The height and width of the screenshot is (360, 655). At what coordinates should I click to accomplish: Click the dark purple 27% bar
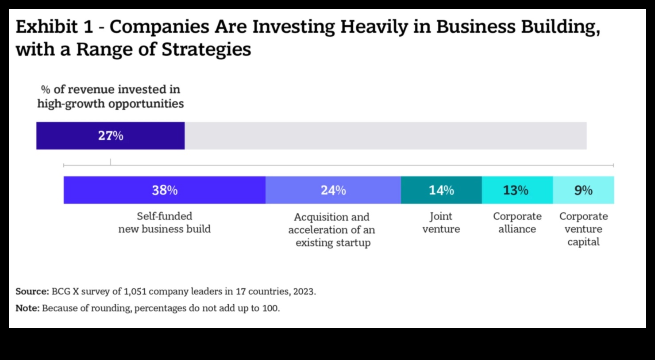(110, 136)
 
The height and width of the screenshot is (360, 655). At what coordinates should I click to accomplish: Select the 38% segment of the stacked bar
(164, 190)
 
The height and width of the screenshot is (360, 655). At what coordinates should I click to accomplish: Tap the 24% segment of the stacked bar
(333, 190)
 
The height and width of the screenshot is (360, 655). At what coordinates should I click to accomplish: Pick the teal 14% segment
(441, 190)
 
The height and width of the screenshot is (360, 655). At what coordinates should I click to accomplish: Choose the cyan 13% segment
(517, 190)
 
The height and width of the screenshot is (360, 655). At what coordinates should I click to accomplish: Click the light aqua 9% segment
(583, 190)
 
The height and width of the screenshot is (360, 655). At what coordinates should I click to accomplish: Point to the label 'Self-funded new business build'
(164, 222)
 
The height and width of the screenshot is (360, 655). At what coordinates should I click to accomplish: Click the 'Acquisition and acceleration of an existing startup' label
(332, 230)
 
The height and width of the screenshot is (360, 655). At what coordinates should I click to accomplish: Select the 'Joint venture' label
(441, 222)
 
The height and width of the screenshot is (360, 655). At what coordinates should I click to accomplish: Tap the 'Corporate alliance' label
(517, 222)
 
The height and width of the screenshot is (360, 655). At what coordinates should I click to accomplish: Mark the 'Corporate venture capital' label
(583, 229)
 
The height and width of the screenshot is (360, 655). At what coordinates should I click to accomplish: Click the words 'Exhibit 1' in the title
(54, 27)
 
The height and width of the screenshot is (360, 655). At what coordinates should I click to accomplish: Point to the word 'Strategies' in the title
(206, 49)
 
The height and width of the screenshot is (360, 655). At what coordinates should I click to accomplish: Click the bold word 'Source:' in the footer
(32, 291)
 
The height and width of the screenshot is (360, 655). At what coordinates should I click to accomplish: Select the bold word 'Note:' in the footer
(27, 308)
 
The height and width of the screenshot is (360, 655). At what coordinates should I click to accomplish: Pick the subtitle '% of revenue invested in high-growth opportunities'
(110, 96)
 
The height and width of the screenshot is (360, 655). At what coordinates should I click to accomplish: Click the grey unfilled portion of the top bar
(385, 136)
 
